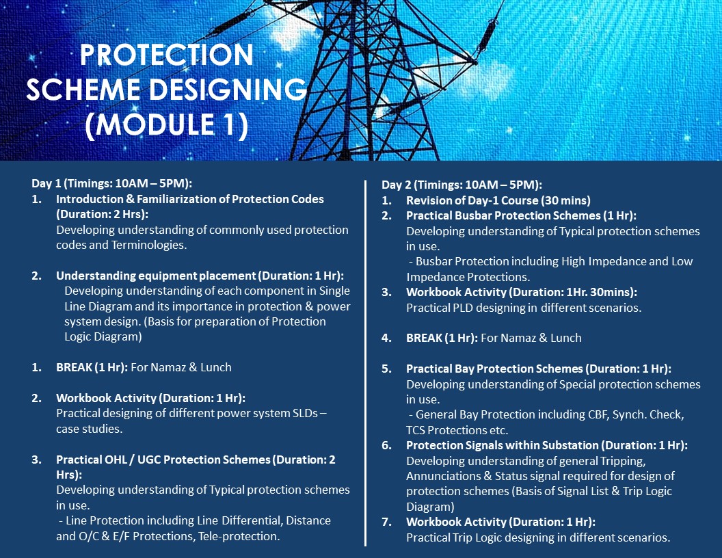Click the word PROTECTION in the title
(x=167, y=54)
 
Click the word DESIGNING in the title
(x=228, y=90)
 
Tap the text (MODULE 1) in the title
(x=167, y=124)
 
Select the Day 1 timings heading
(x=112, y=183)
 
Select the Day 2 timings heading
(x=462, y=185)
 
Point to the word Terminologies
(x=149, y=245)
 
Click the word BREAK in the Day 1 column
(x=74, y=367)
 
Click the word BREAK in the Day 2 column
(x=424, y=338)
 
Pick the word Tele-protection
(x=239, y=536)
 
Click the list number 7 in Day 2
(x=386, y=522)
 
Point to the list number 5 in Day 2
(x=386, y=369)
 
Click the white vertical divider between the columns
(x=366, y=363)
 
